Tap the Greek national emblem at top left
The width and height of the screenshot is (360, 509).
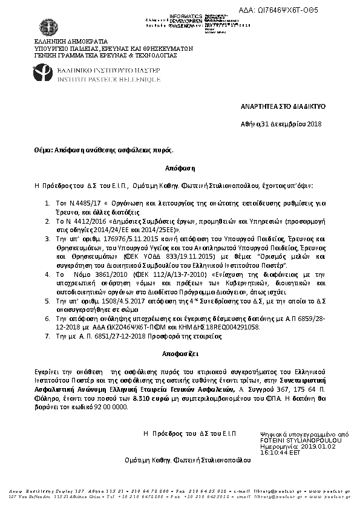tap(47, 27)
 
